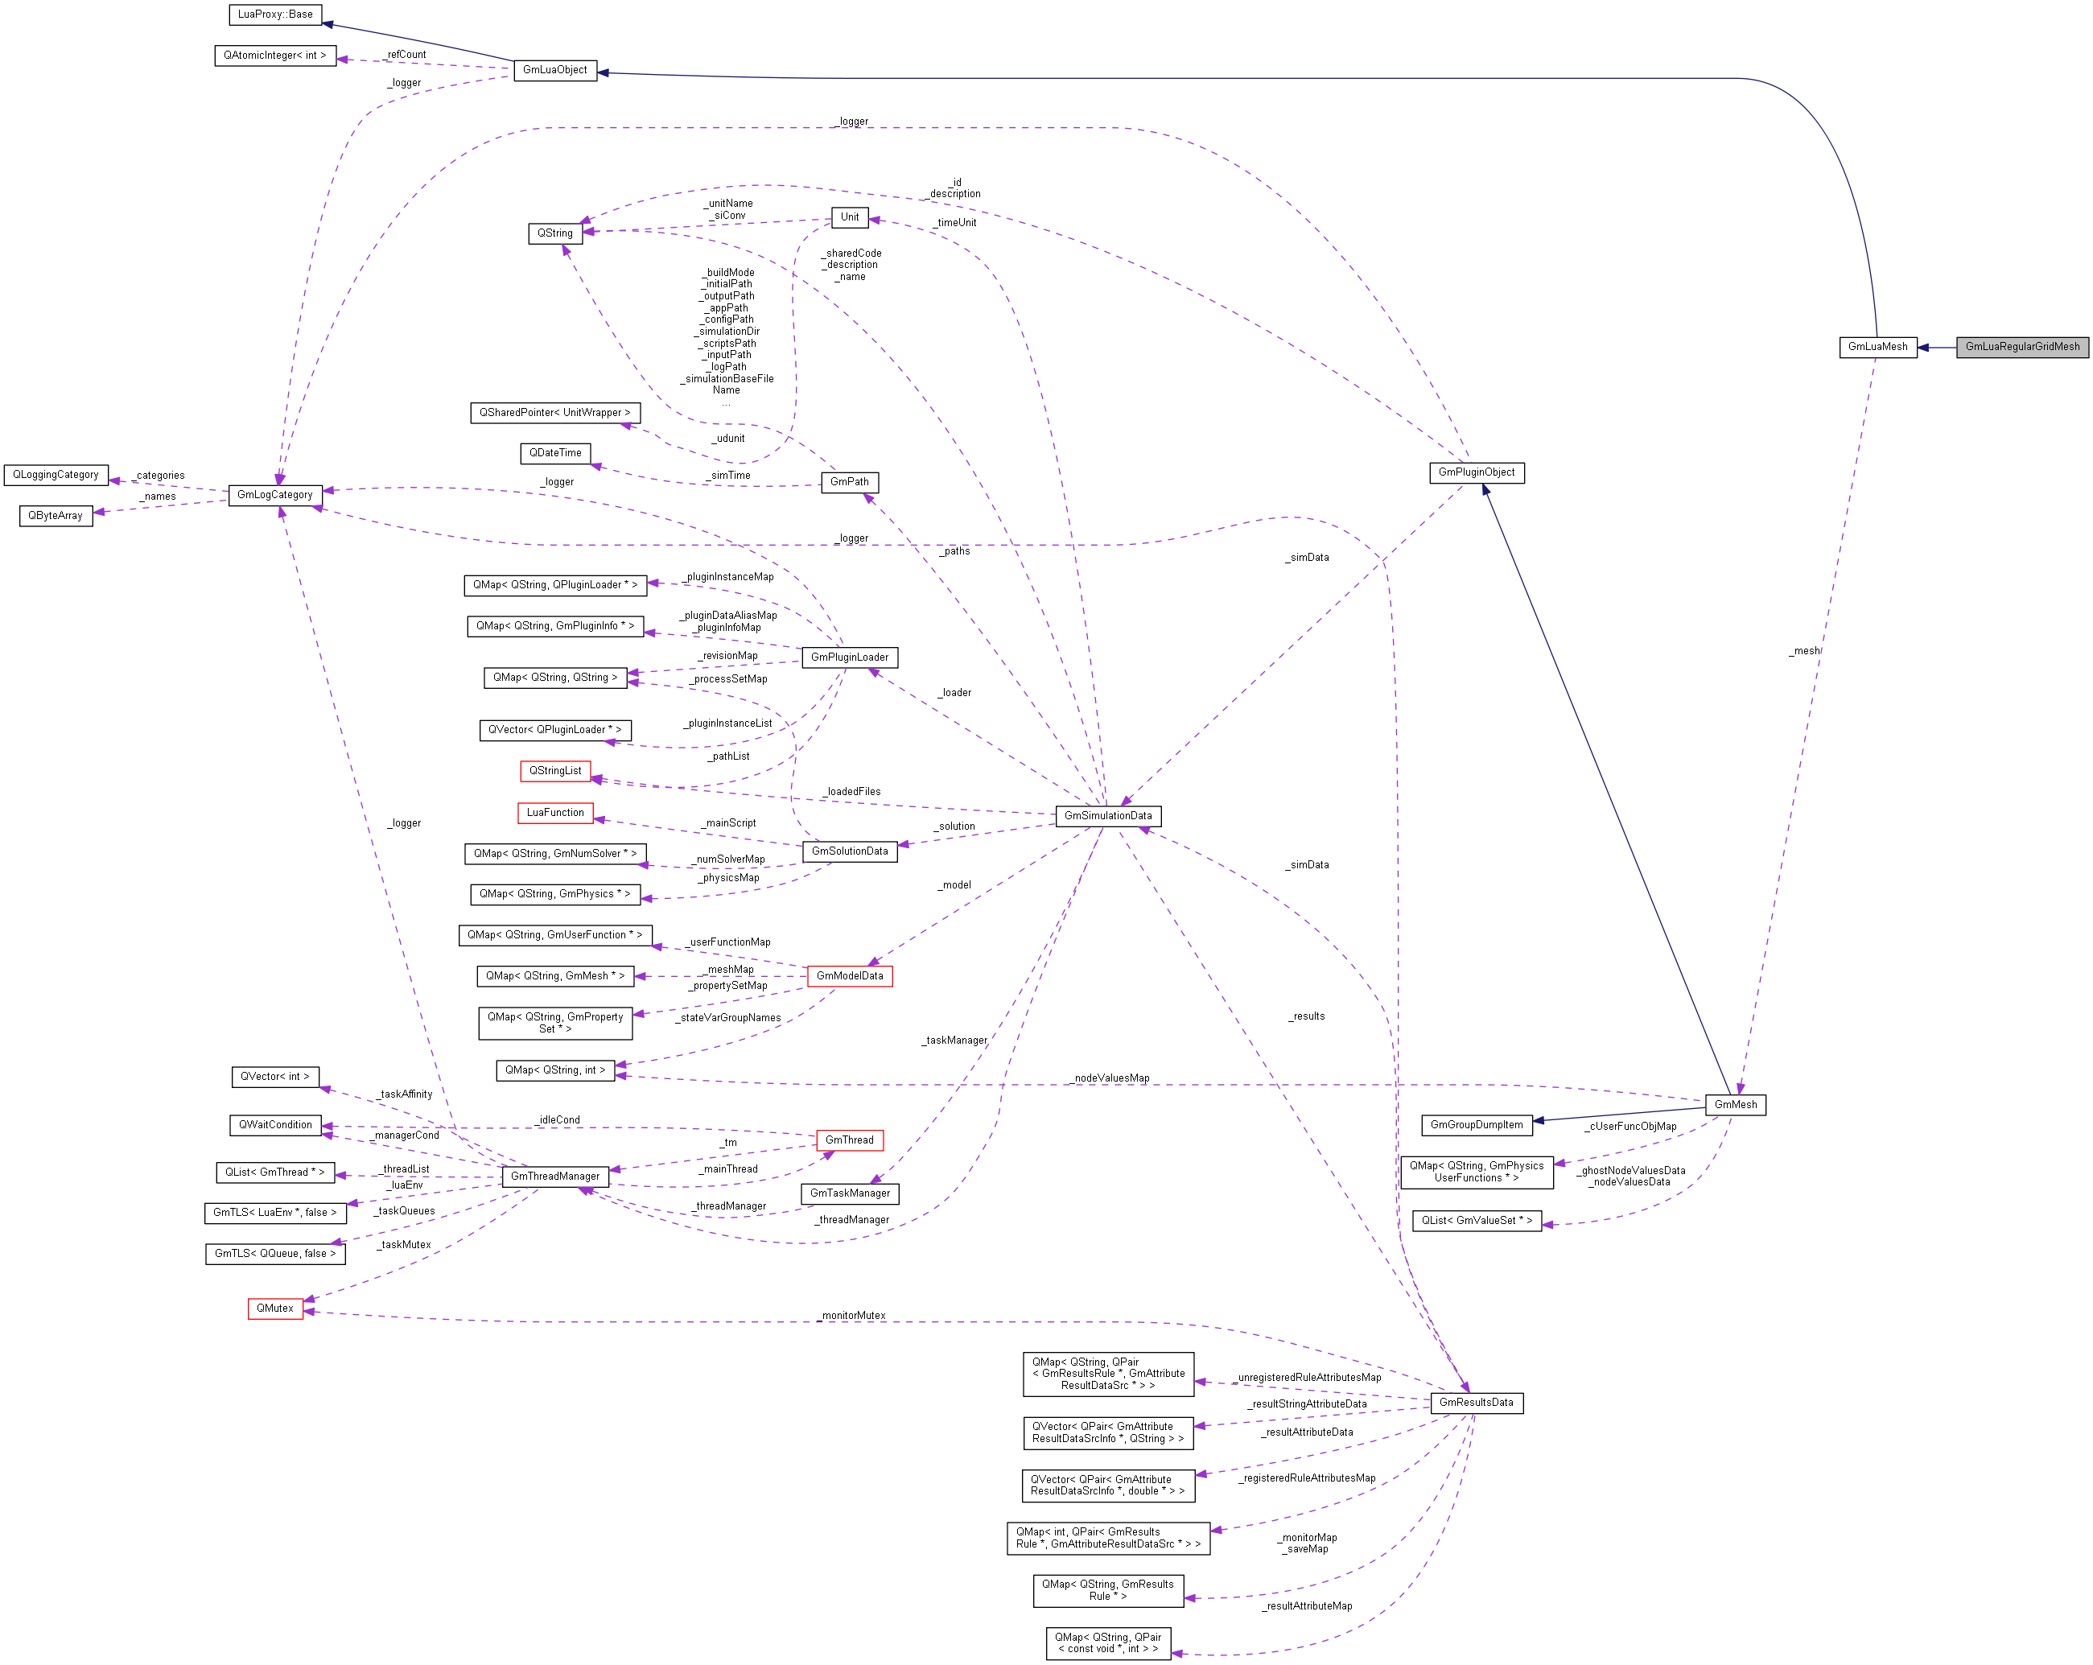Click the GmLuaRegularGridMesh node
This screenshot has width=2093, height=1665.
pyautogui.click(x=2021, y=347)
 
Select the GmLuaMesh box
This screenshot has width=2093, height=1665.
pyautogui.click(x=1877, y=347)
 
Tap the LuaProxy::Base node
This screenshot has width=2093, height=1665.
pyautogui.click(x=274, y=14)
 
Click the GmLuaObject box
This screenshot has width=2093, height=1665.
pyautogui.click(x=554, y=70)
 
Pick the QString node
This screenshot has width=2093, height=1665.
pyautogui.click(x=554, y=233)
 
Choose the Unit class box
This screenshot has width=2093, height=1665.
pyautogui.click(x=850, y=217)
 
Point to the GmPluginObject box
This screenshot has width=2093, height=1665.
pyautogui.click(x=1476, y=473)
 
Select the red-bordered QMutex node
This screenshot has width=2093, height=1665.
pyautogui.click(x=274, y=1309)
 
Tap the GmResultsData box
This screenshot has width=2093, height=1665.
pyautogui.click(x=1476, y=1403)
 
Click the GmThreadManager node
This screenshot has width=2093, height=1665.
pyautogui.click(x=554, y=1177)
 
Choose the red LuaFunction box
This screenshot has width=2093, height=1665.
pyautogui.click(x=554, y=813)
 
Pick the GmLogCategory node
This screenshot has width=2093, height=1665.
pyautogui.click(x=274, y=495)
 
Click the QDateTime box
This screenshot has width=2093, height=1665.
pyautogui.click(x=554, y=453)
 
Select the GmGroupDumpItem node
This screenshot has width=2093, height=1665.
pyautogui.click(x=1476, y=1125)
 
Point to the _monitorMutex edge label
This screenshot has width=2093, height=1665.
pyautogui.click(x=852, y=1316)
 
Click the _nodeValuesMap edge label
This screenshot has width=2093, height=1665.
pyautogui.click(x=1110, y=1078)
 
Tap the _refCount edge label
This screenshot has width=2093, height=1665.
pyautogui.click(x=405, y=55)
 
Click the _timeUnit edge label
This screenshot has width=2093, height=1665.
pyautogui.click(x=955, y=223)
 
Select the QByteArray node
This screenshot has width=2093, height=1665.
pyautogui.click(x=56, y=516)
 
